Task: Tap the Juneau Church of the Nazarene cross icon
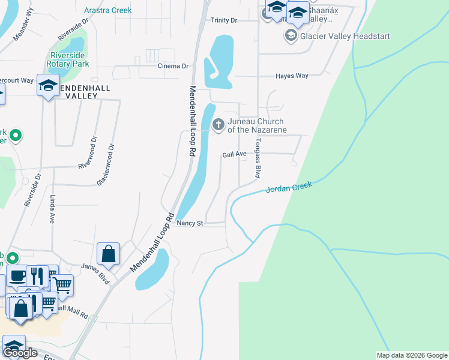tap(218, 125)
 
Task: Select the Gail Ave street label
tap(234, 154)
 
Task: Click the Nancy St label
tap(191, 223)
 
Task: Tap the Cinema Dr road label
tap(173, 66)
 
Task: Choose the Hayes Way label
tap(292, 76)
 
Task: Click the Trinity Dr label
tap(224, 20)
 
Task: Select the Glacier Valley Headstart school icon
tap(291, 36)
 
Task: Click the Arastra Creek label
tap(107, 10)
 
